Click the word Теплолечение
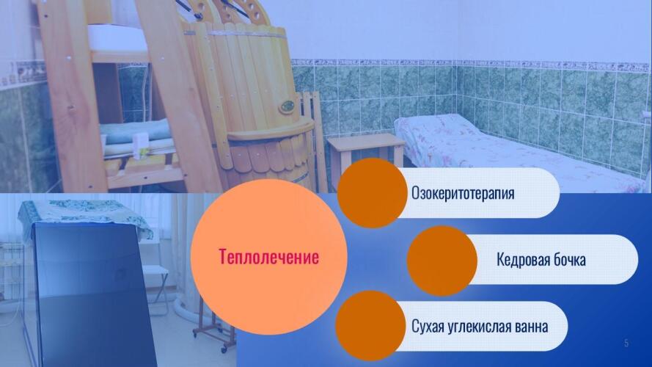(268, 257)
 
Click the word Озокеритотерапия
(463, 193)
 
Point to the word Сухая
(428, 327)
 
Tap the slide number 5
(626, 344)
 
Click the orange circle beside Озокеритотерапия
(372, 193)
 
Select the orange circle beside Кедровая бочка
(442, 261)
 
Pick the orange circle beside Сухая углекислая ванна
(370, 326)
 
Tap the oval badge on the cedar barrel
(287, 107)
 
